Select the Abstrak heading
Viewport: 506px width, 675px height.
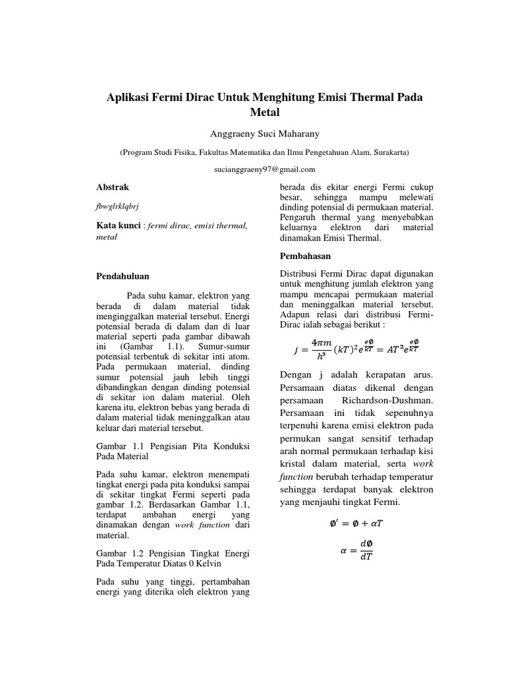pos(113,187)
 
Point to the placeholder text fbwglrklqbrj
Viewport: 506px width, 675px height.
pos(118,206)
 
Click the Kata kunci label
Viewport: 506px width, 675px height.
pos(119,225)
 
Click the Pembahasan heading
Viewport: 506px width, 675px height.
pos(305,256)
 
